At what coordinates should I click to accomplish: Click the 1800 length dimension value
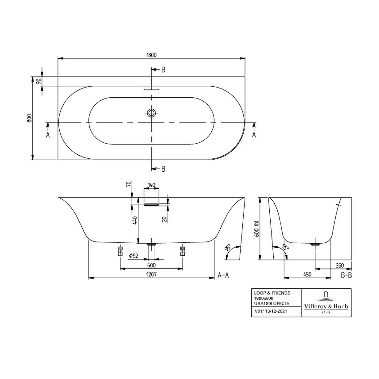click(x=151, y=55)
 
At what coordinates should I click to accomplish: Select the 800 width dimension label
click(x=29, y=118)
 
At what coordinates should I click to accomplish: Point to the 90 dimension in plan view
click(x=39, y=81)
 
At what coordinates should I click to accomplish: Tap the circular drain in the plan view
click(x=151, y=113)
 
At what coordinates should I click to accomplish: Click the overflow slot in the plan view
click(x=151, y=89)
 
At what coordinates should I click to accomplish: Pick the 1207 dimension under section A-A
click(x=151, y=274)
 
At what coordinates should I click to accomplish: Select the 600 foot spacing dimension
click(x=151, y=265)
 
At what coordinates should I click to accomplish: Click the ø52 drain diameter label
click(x=134, y=256)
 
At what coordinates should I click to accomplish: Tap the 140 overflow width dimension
click(x=151, y=185)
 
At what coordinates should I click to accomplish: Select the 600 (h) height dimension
click(x=257, y=229)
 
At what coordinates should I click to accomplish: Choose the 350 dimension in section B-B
click(x=340, y=265)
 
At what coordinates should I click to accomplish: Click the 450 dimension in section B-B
click(x=307, y=274)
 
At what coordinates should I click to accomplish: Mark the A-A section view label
click(x=223, y=275)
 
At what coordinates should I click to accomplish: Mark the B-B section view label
click(x=346, y=275)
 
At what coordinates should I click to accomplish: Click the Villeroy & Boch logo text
click(x=326, y=306)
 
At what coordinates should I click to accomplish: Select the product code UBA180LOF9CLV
click(x=272, y=303)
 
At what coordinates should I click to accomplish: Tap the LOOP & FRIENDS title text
click(x=272, y=293)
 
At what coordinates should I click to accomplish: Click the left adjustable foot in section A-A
click(x=120, y=251)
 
